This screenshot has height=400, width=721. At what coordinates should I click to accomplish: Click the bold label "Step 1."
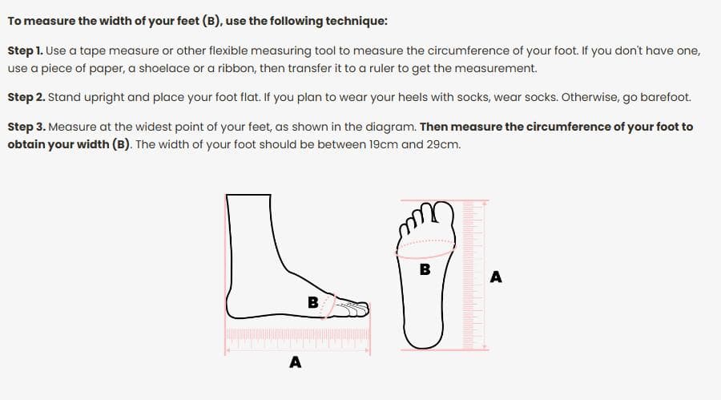(26, 51)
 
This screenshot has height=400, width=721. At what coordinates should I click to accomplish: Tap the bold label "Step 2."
(26, 98)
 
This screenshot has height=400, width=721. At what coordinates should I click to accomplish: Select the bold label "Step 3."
(26, 127)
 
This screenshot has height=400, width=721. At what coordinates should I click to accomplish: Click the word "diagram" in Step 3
(393, 127)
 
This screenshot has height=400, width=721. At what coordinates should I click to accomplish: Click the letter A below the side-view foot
(295, 362)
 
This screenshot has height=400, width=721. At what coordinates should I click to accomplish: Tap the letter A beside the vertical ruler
(496, 277)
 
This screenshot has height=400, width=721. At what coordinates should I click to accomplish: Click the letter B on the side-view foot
(312, 302)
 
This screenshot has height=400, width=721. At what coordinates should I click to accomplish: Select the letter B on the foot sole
(425, 269)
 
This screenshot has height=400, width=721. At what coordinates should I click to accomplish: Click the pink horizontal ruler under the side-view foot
(297, 338)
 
